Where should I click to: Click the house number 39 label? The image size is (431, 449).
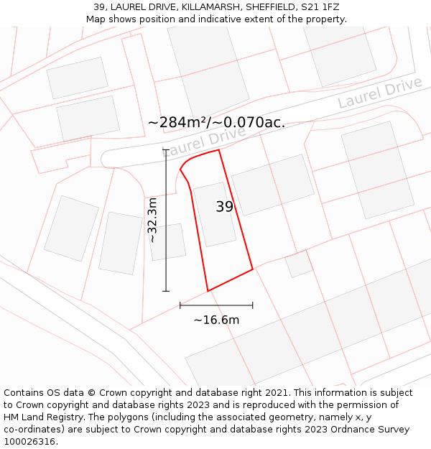(225, 207)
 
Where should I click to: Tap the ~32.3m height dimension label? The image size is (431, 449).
(152, 221)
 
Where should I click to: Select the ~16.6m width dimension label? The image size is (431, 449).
(216, 320)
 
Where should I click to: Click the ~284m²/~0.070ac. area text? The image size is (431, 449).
(216, 122)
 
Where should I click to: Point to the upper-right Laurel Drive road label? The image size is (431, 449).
(380, 93)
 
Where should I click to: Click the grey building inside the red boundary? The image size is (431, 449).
(215, 214)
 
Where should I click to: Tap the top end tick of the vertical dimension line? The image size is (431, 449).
(166, 149)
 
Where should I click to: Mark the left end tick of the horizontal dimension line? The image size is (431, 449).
(180, 305)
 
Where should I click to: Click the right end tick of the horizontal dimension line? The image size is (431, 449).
(253, 305)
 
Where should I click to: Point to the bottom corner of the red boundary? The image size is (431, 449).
(208, 291)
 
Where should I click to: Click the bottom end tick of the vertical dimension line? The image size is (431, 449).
(166, 291)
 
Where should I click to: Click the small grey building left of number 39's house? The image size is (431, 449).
(167, 241)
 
